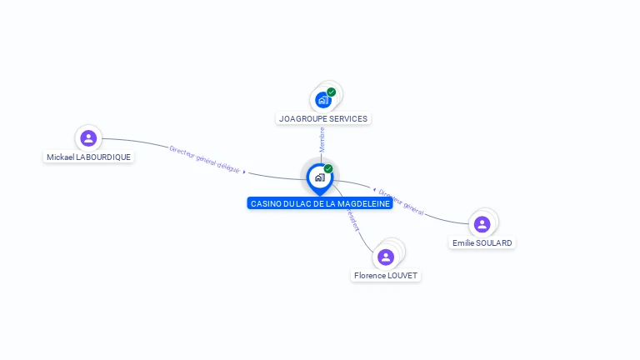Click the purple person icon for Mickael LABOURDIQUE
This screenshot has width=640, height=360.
pyautogui.click(x=88, y=137)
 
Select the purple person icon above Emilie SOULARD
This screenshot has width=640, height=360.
pyautogui.click(x=482, y=224)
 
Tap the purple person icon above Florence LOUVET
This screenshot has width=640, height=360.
pyautogui.click(x=385, y=257)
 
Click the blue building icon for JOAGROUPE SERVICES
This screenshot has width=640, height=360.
pyautogui.click(x=322, y=100)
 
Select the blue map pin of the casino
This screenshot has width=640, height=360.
pyautogui.click(x=319, y=177)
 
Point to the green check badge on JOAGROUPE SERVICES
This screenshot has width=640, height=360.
pyautogui.click(x=332, y=92)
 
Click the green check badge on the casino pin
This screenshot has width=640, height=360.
pyautogui.click(x=328, y=168)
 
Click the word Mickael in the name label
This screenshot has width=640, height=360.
pyautogui.click(x=60, y=157)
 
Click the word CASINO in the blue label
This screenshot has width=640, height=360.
pyautogui.click(x=266, y=203)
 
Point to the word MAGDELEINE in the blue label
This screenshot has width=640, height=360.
pyautogui.click(x=362, y=203)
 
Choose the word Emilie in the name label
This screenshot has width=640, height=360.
pyautogui.click(x=463, y=243)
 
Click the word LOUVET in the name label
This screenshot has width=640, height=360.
pyautogui.click(x=403, y=276)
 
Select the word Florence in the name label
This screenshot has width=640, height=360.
pyautogui.click(x=370, y=276)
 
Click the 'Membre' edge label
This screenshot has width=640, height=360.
pyautogui.click(x=322, y=138)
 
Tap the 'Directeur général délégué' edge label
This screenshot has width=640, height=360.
pyautogui.click(x=205, y=159)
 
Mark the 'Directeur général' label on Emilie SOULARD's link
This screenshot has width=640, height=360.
pyautogui.click(x=401, y=202)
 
